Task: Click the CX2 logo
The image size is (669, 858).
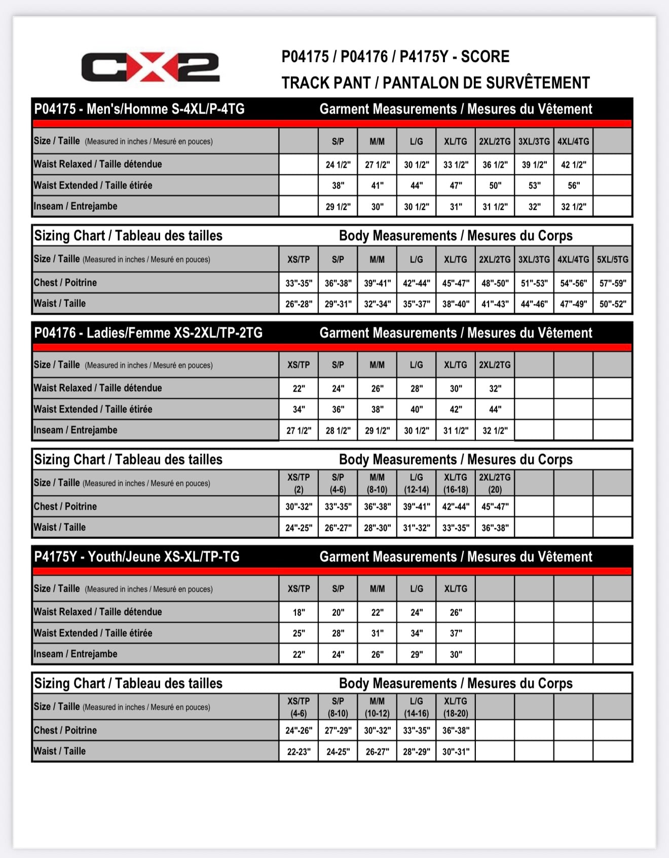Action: point(150,67)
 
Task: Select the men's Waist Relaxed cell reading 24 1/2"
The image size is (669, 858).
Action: point(338,165)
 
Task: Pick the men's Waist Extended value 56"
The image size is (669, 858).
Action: point(573,185)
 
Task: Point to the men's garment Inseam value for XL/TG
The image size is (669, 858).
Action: point(456,207)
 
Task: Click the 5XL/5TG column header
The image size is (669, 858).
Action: point(612,259)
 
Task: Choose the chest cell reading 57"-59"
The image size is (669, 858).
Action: point(612,283)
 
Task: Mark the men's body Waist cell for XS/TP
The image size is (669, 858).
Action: point(299,304)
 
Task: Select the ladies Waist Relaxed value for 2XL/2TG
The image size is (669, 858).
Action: point(495,388)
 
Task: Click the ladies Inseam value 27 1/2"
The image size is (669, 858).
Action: point(299,431)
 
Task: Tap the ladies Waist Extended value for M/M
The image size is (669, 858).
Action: point(377,409)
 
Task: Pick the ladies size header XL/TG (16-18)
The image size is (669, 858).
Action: point(456,483)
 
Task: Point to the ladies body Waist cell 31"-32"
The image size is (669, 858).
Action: point(417,528)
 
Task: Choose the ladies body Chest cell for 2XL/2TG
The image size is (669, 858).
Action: point(495,506)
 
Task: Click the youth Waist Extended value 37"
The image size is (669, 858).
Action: point(456,633)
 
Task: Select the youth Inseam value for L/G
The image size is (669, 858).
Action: point(417,654)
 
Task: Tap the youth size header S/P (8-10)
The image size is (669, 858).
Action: point(338,707)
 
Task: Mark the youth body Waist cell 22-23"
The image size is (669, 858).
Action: point(299,752)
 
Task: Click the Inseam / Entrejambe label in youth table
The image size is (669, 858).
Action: point(76,654)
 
